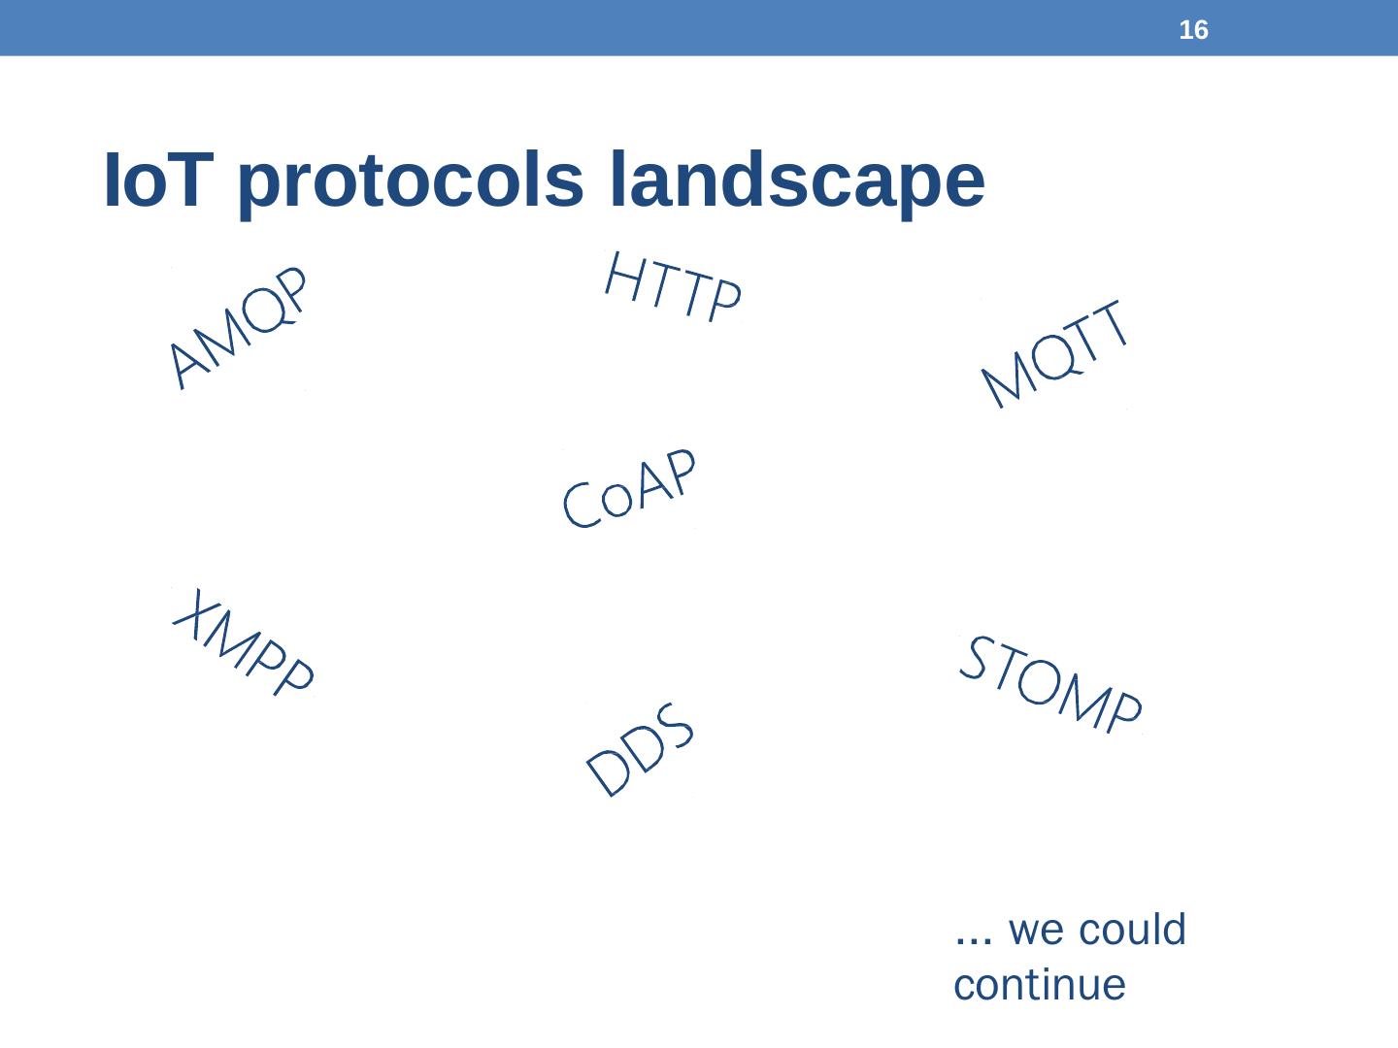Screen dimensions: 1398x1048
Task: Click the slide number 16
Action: [1193, 30]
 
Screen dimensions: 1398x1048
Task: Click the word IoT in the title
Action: [158, 180]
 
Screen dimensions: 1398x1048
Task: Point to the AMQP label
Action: [238, 327]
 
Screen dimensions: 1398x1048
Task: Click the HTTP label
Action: [673, 287]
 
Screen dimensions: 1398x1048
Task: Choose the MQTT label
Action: [1054, 353]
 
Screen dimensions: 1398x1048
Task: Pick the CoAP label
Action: [630, 488]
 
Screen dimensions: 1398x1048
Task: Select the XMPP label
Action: [244, 641]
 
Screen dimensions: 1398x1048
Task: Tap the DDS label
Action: [640, 749]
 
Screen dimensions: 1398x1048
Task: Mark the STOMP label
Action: [1050, 683]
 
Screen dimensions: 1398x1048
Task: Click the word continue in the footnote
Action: [1040, 986]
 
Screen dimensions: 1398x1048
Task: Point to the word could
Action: [1132, 929]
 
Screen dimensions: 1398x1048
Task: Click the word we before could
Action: [1036, 933]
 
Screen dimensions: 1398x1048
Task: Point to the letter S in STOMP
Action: [978, 657]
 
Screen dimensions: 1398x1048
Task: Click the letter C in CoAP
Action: [581, 505]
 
